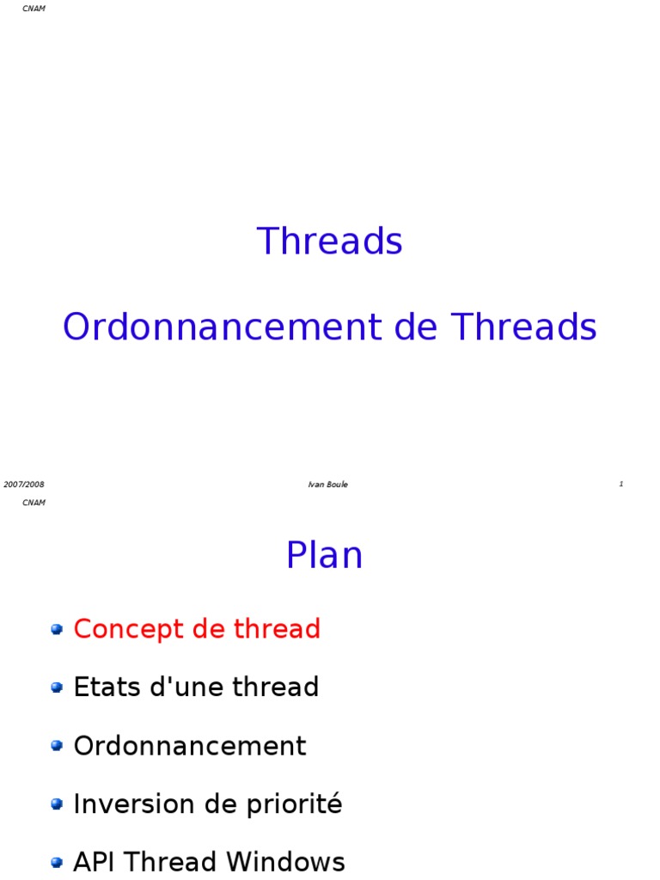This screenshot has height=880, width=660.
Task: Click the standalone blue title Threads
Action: tap(329, 241)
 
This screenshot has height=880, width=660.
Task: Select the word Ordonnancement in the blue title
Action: tap(223, 327)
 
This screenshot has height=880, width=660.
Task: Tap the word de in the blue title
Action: tap(415, 327)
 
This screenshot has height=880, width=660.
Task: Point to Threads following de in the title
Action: tap(523, 327)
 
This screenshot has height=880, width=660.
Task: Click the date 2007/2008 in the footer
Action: tap(23, 485)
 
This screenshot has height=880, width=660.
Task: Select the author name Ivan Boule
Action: tap(327, 485)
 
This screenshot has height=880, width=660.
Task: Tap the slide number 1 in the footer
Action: tap(620, 484)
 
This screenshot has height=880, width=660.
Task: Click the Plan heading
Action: tap(324, 555)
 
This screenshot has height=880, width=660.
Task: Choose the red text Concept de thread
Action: tap(197, 629)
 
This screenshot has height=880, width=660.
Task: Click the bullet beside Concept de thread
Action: tap(57, 629)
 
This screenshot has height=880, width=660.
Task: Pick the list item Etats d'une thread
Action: tap(197, 687)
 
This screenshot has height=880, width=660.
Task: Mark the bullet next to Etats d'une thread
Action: tap(57, 687)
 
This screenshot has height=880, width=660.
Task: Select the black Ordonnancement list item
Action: tap(190, 746)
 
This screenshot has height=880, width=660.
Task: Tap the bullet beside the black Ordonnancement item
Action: tap(57, 746)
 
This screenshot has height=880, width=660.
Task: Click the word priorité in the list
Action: tap(295, 804)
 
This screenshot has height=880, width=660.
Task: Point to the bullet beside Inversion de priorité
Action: tap(57, 804)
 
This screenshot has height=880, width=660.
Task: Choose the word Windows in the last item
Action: tap(285, 862)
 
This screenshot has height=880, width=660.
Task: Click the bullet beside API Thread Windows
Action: tap(57, 863)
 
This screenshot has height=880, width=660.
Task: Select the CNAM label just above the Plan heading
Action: tap(34, 502)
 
